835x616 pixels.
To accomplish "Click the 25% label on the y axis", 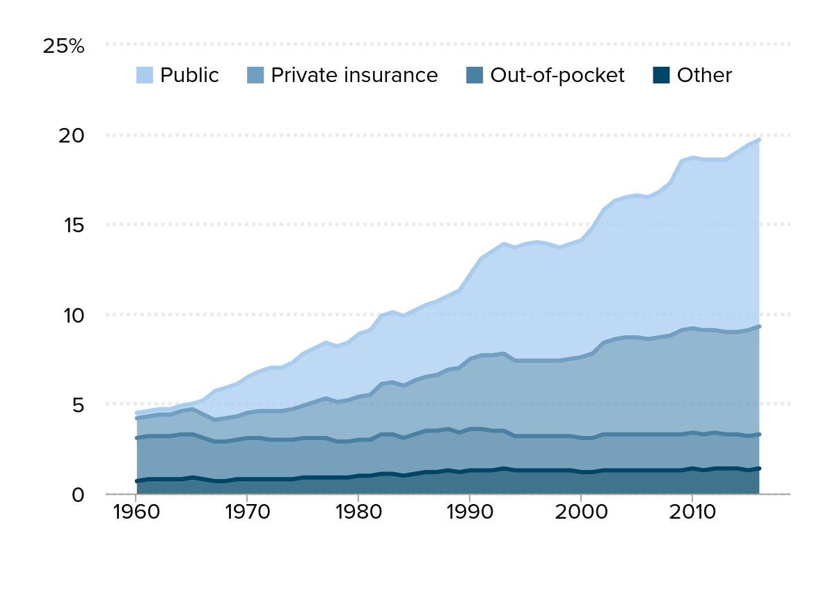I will pos(63,47).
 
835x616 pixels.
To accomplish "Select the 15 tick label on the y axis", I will pos(71,225).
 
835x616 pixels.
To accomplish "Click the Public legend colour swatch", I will pos(145,75).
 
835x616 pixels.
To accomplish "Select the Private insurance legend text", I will pos(354,75).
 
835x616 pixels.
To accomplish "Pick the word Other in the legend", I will pos(704,75).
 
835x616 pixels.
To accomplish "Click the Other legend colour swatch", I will pos(662,75).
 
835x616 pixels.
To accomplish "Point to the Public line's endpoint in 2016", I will pos(759,140).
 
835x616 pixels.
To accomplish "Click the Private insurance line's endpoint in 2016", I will pos(759,326).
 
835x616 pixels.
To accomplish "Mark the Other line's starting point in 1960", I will pos(136,481).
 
